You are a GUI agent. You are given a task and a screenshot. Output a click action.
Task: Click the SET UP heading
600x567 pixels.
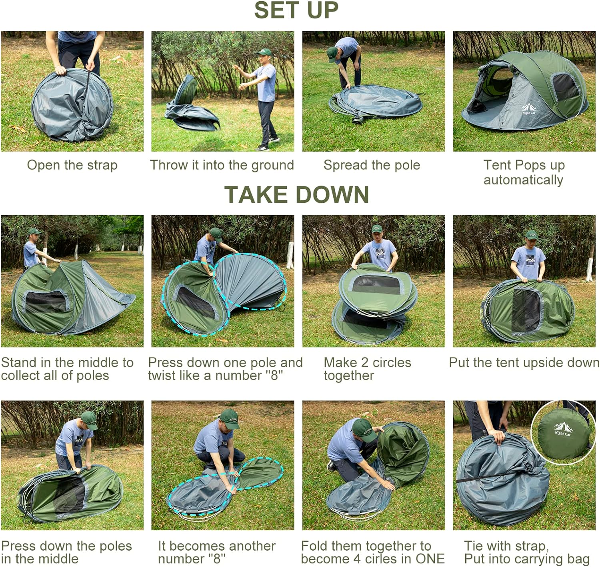[x=296, y=10]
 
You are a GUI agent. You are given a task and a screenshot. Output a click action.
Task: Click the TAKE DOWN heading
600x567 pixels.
[x=296, y=195]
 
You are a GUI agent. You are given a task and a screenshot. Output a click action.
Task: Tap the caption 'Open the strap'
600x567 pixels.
[x=72, y=165]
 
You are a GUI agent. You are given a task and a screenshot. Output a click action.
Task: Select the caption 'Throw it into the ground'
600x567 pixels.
[x=222, y=165]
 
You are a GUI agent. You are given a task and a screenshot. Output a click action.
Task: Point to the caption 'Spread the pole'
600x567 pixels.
[x=372, y=165]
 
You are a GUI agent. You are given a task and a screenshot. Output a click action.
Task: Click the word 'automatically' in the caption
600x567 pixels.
[x=523, y=180]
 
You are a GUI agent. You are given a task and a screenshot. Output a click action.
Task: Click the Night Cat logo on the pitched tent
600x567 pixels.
[x=528, y=109]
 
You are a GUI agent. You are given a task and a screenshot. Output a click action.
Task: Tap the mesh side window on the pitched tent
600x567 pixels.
[x=565, y=87]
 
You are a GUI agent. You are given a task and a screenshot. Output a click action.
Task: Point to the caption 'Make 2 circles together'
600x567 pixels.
[x=367, y=369]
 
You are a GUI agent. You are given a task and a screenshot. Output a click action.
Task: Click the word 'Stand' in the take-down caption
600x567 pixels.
[x=19, y=363]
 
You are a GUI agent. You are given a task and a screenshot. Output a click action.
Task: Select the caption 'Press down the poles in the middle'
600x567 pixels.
[x=66, y=552]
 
